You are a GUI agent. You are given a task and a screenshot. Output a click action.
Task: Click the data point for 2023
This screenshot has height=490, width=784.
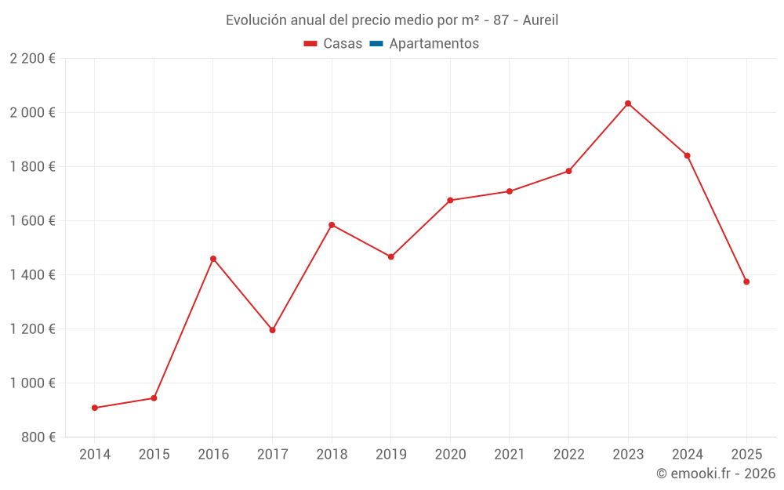[628, 103]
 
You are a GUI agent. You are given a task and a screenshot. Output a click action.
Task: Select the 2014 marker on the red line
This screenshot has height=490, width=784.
[95, 408]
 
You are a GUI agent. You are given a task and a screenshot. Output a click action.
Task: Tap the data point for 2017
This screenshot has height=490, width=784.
[273, 330]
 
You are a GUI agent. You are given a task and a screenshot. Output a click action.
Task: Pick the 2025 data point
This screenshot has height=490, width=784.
[746, 281]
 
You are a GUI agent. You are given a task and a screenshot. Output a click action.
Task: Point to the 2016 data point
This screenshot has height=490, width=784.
[213, 259]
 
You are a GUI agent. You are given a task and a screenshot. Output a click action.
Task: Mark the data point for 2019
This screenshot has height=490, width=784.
[391, 256]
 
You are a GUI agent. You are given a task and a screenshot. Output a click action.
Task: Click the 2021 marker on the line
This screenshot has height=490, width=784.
[510, 191]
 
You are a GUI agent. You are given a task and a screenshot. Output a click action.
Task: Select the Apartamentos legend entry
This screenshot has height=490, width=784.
[434, 44]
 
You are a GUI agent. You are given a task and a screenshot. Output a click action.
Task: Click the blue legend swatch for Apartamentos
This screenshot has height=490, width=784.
[376, 44]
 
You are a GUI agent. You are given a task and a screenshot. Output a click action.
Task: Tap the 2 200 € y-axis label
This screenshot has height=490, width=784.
[33, 59]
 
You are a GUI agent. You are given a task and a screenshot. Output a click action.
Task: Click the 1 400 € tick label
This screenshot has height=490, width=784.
[33, 275]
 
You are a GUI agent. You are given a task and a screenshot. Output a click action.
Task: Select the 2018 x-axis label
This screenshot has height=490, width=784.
[332, 455]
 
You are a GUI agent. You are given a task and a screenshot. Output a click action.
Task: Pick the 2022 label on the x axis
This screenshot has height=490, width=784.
[569, 455]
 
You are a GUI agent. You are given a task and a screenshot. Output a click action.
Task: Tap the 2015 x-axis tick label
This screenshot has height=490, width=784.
[154, 455]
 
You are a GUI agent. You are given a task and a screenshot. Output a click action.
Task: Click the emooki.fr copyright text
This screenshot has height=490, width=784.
[716, 474]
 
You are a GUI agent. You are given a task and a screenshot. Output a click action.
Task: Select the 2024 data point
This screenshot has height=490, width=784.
[688, 155]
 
